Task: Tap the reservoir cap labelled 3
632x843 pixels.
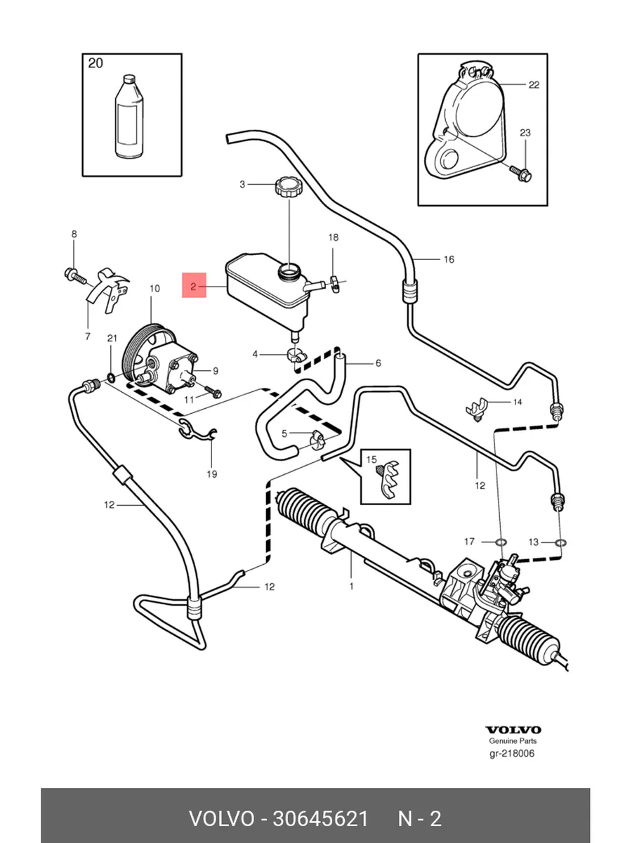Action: [x=289, y=188]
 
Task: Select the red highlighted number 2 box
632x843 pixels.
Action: [x=195, y=286]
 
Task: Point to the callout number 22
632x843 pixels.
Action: [x=534, y=85]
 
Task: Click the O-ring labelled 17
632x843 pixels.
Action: [x=499, y=542]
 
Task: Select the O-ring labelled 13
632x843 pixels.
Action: [x=560, y=542]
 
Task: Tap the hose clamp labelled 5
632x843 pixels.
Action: [x=316, y=440]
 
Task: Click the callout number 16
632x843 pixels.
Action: [x=449, y=259]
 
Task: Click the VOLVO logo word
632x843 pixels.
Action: [x=514, y=730]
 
